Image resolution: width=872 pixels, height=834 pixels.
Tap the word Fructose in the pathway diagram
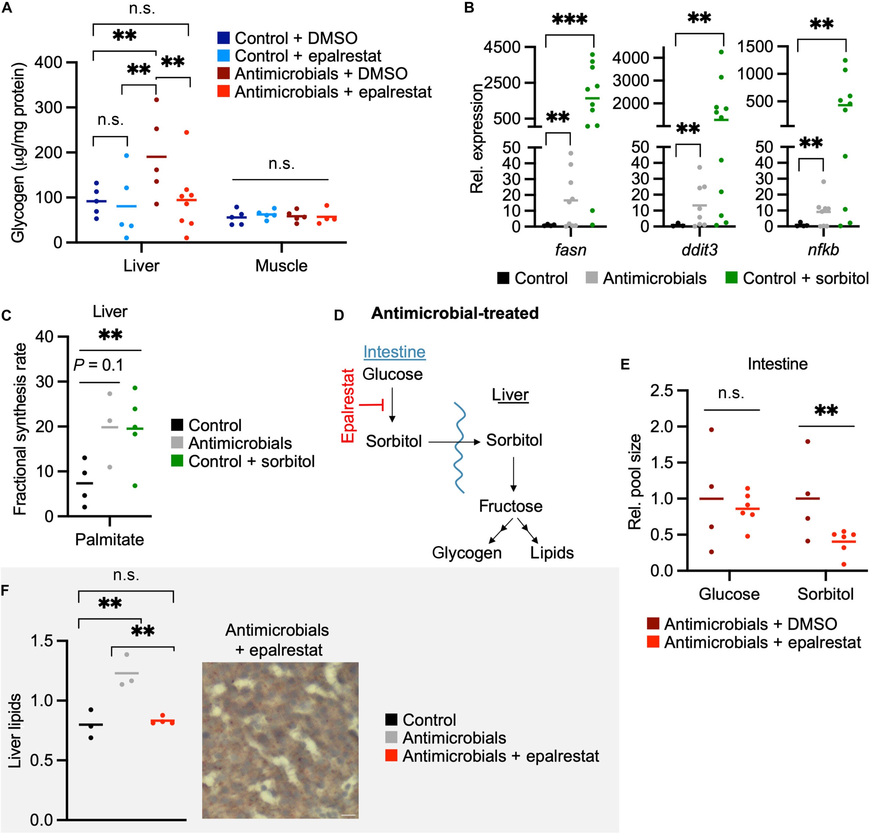click(510, 506)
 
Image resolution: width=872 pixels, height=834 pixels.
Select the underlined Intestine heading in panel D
click(394, 352)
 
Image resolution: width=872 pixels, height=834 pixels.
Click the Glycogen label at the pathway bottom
click(467, 553)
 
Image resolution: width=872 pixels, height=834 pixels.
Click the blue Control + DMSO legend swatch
click(223, 38)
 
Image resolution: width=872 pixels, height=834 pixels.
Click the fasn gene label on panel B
click(570, 250)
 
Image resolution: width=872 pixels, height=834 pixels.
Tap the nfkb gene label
click(823, 250)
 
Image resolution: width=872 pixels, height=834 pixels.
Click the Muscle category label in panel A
click(281, 266)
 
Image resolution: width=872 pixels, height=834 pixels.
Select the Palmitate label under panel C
click(109, 539)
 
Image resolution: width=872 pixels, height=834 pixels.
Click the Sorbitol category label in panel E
click(825, 594)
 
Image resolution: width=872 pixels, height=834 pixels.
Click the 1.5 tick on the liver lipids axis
click(43, 640)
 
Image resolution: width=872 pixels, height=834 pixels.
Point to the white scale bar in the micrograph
click(349, 815)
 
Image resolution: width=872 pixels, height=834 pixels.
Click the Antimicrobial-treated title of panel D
click(455, 313)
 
